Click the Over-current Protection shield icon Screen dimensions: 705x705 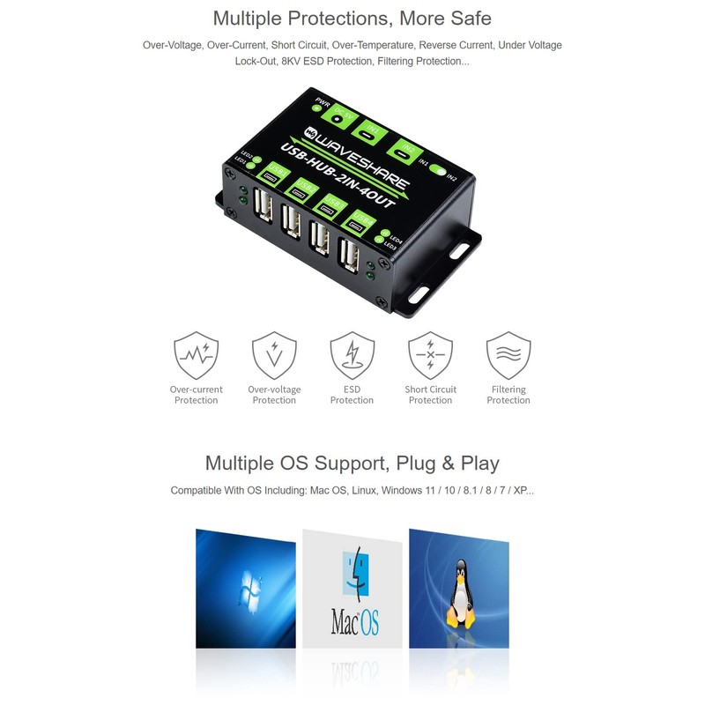point(196,355)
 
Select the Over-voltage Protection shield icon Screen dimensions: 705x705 point(274,355)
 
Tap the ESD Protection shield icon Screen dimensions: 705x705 point(352,355)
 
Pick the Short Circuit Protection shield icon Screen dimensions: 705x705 point(430,355)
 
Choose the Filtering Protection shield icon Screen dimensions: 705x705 point(508,355)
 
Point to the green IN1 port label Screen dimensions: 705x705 point(374,130)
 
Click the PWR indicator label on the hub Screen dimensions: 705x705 point(323,101)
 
